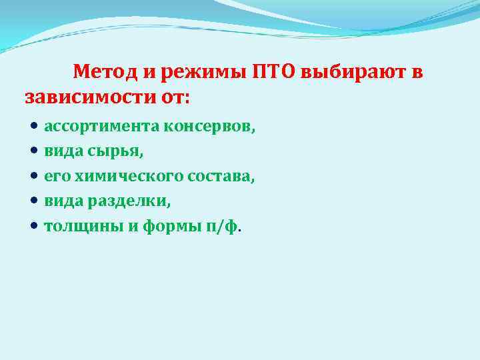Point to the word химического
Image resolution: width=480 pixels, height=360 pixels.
(124, 176)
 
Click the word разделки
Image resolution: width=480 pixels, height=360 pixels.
(123, 201)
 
